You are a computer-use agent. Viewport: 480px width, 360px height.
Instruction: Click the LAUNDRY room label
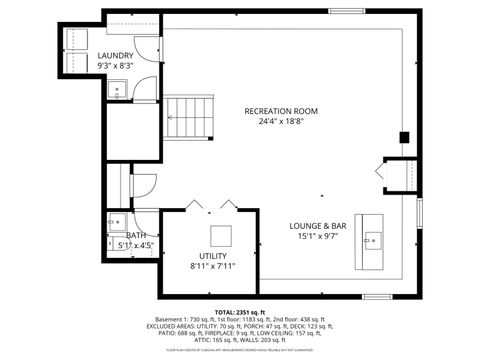(117, 57)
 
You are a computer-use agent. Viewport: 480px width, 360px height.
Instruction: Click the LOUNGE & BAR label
(317, 226)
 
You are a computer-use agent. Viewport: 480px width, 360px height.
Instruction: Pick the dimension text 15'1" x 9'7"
(317, 237)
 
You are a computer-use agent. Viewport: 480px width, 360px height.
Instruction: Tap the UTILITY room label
(212, 256)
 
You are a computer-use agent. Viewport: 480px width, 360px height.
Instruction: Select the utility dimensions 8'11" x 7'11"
(212, 267)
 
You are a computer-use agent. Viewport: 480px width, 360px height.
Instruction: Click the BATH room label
(135, 236)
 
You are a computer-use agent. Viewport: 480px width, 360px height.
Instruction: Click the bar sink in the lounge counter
(372, 239)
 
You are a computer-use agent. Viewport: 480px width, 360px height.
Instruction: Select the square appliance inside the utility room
(221, 235)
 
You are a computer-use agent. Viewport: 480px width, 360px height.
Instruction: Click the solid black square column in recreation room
(403, 137)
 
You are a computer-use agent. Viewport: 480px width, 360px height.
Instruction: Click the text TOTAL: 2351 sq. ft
(239, 311)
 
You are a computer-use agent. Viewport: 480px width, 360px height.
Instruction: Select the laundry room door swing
(146, 88)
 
